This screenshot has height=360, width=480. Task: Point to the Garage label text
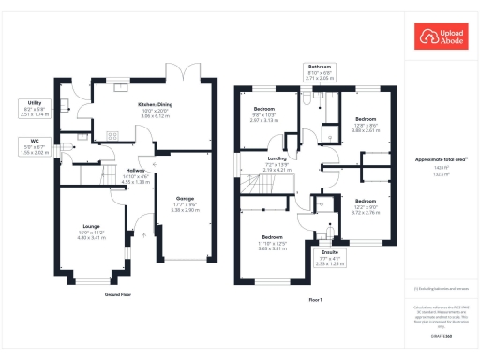pyautogui.click(x=184, y=200)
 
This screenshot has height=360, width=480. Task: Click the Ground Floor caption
pyautogui.click(x=117, y=293)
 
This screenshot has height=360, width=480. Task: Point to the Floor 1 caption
pyautogui.click(x=315, y=298)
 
